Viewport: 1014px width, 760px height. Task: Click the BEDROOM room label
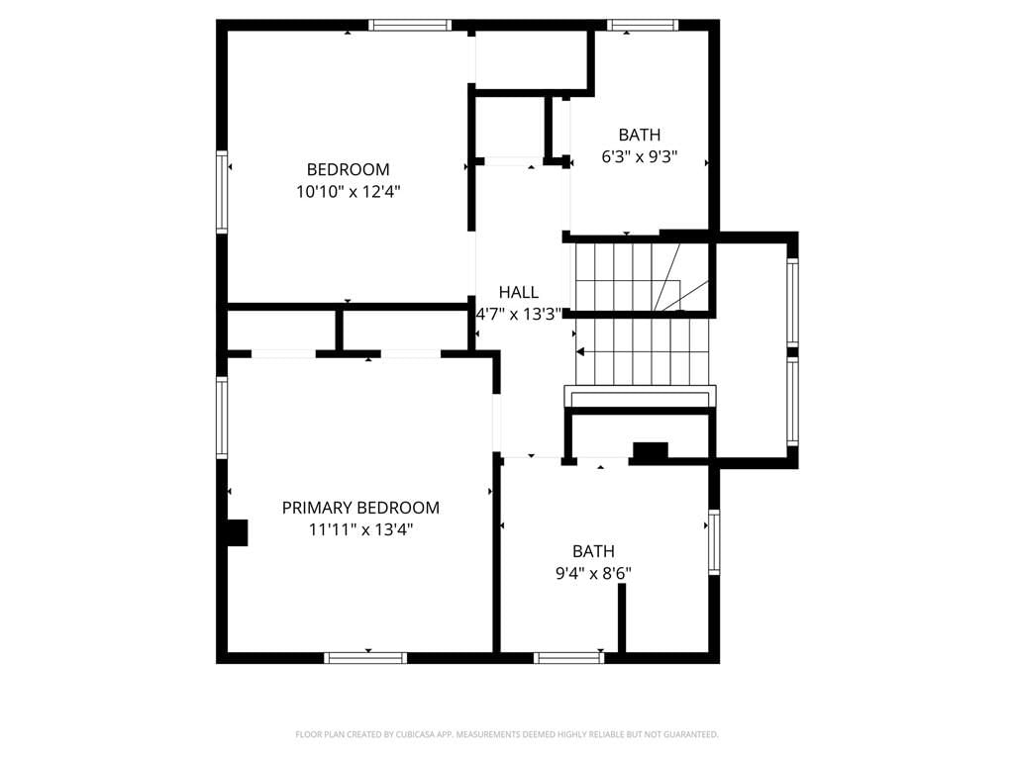tap(348, 169)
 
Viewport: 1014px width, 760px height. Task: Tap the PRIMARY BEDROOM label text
tap(360, 508)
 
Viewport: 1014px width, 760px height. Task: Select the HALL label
tap(519, 292)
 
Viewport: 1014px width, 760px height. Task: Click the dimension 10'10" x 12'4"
tap(348, 191)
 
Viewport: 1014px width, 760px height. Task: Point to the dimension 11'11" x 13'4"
tap(360, 530)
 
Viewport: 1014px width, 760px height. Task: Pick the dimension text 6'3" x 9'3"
tap(639, 157)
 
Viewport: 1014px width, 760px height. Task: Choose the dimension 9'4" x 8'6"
tap(593, 573)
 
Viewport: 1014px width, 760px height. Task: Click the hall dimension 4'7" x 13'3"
tap(519, 315)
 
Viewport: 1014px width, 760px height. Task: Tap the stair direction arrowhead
tap(580, 352)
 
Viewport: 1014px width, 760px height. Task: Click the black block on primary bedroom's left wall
tap(238, 533)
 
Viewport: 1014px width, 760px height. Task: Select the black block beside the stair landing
tap(650, 451)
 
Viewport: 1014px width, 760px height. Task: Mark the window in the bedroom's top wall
tap(410, 25)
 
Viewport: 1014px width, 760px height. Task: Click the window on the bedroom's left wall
tap(222, 191)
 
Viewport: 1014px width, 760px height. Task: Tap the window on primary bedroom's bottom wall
tap(365, 658)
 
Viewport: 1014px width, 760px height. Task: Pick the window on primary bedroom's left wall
tap(222, 418)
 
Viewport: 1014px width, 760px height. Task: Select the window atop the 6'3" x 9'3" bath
tap(642, 25)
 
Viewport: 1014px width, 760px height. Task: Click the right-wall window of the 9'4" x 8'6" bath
tap(714, 542)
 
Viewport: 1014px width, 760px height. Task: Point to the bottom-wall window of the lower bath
tap(569, 658)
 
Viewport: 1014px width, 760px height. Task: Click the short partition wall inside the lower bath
tap(622, 617)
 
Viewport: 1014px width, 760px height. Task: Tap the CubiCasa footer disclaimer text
tap(507, 734)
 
